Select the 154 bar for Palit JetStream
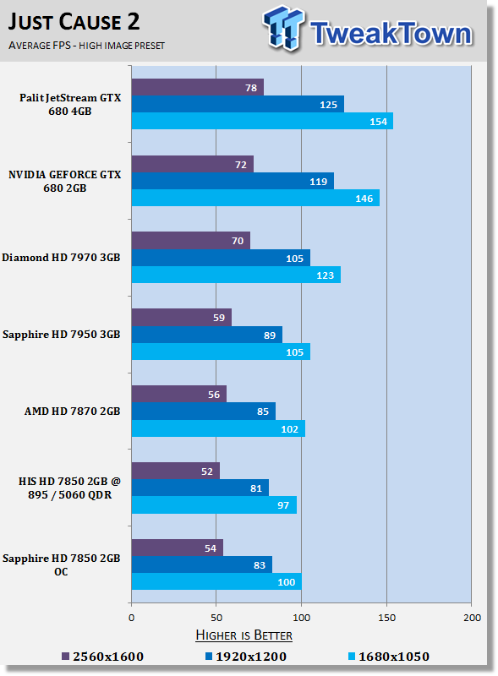(262, 122)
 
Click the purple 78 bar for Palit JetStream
(197, 88)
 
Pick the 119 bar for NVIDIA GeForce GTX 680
(233, 181)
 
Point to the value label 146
(364, 199)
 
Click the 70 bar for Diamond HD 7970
(190, 241)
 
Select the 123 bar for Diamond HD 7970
(236, 275)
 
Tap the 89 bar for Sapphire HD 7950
(206, 335)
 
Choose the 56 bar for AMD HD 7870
(178, 395)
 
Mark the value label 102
(289, 429)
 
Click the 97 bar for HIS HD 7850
(214, 505)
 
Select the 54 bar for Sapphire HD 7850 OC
(177, 548)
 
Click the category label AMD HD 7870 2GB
(73, 412)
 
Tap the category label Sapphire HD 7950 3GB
(62, 335)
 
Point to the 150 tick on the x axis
(386, 619)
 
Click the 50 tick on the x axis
(216, 619)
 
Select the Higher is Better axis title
(244, 635)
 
